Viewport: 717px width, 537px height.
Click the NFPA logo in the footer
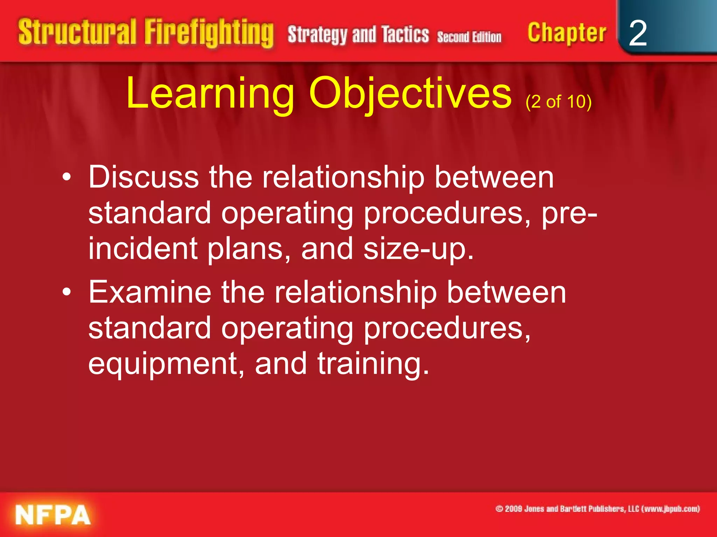pyautogui.click(x=53, y=515)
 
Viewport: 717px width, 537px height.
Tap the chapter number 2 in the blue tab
pyautogui.click(x=638, y=34)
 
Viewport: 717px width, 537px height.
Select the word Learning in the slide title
pyautogui.click(x=210, y=94)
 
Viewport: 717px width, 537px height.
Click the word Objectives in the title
pyautogui.click(x=410, y=94)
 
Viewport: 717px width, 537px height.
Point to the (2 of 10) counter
pyautogui.click(x=558, y=102)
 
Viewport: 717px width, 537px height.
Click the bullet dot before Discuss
pyautogui.click(x=67, y=178)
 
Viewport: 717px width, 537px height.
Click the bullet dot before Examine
pyautogui.click(x=67, y=293)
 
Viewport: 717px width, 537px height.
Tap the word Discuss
pyautogui.click(x=144, y=177)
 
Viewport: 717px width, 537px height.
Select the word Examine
pyautogui.click(x=150, y=292)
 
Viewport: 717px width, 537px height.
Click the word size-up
pyautogui.click(x=418, y=249)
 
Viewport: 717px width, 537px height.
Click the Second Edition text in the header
pyautogui.click(x=469, y=37)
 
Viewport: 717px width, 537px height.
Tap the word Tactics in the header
pyautogui.click(x=405, y=35)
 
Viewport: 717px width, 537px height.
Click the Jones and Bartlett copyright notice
pyautogui.click(x=597, y=509)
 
